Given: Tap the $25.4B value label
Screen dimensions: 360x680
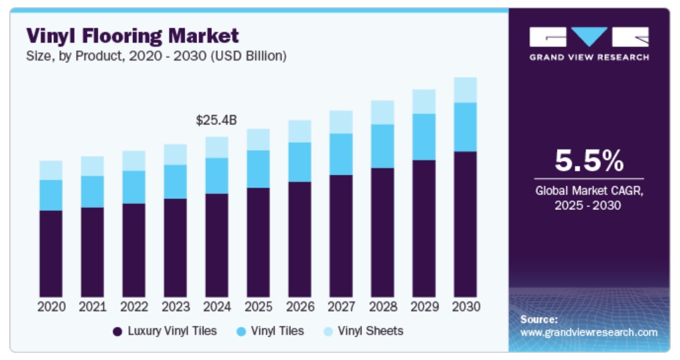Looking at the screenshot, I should [216, 120].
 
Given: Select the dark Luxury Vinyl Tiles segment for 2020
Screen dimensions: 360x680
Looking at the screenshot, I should [51, 253].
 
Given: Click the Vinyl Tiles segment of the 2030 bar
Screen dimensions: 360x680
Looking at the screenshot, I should [465, 127].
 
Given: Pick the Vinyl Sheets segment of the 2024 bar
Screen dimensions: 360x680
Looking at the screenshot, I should [217, 147].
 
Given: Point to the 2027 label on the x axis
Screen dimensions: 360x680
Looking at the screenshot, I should [341, 307].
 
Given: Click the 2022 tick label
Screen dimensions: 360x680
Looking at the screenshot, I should [134, 307].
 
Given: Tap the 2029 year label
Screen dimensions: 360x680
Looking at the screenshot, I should [424, 307].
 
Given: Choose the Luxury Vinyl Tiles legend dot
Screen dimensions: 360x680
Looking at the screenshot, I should [118, 332].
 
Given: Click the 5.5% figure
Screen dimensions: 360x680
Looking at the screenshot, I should [588, 160].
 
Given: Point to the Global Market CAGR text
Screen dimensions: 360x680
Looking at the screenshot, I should [588, 192].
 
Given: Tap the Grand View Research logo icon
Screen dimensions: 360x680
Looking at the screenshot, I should [588, 37].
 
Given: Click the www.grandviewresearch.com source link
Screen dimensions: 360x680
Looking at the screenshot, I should [588, 332].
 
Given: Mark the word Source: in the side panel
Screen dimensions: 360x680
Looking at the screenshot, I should [539, 319].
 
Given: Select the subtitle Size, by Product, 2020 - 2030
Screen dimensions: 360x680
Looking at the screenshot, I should [156, 57].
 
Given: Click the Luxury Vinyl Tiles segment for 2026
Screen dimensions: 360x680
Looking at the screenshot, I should [300, 239].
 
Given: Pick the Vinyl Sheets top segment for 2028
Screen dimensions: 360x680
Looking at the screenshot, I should [382, 113].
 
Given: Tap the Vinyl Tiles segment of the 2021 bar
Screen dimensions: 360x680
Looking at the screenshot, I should [92, 192].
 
